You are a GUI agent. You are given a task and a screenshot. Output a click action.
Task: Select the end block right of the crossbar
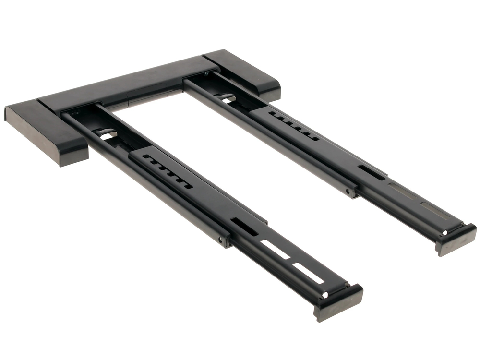(x=245, y=74)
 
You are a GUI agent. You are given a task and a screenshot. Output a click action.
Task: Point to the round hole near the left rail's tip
(x=325, y=294)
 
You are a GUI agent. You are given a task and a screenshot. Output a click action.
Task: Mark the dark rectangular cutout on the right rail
(x=372, y=172)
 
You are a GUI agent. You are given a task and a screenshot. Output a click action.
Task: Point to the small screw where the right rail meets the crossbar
(x=206, y=74)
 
